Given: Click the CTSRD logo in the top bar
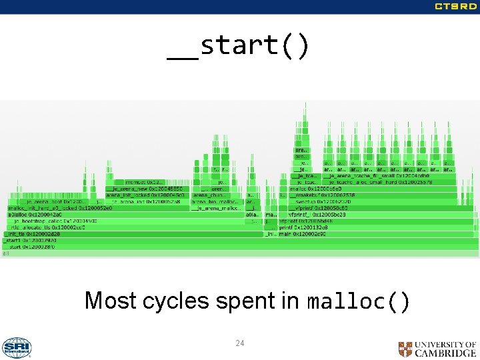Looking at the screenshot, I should point(455,7).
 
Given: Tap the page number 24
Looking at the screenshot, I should point(239,343).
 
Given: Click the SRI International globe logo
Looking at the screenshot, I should point(17,347).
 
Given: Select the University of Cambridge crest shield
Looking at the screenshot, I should point(405,349).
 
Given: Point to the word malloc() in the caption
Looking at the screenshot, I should point(359,301).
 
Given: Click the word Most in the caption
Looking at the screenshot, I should point(110,301).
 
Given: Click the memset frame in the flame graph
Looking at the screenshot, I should point(141,181).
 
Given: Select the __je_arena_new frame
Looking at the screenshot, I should point(147,188).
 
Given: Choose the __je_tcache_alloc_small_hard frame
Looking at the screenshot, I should point(373,181).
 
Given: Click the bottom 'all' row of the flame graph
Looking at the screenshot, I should point(239,253).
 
